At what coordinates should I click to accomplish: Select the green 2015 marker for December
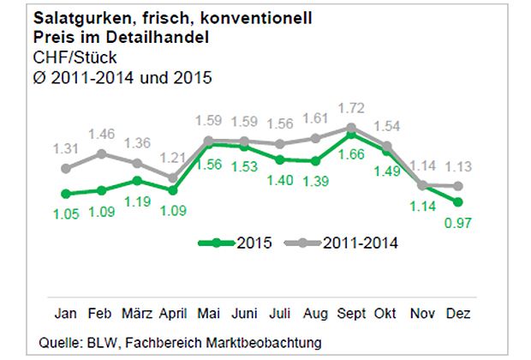coord(458,202)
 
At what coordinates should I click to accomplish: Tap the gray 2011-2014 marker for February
coord(101,153)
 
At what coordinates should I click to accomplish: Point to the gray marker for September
coord(350,128)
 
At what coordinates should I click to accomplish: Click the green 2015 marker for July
coord(279,159)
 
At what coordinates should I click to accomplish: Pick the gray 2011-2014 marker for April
coord(172,178)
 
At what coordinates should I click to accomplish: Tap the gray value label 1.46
coord(101,134)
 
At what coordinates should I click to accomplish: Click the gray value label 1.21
coord(172,158)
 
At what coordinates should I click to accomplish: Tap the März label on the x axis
coord(137,313)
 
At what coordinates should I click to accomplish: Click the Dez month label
coord(458,313)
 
